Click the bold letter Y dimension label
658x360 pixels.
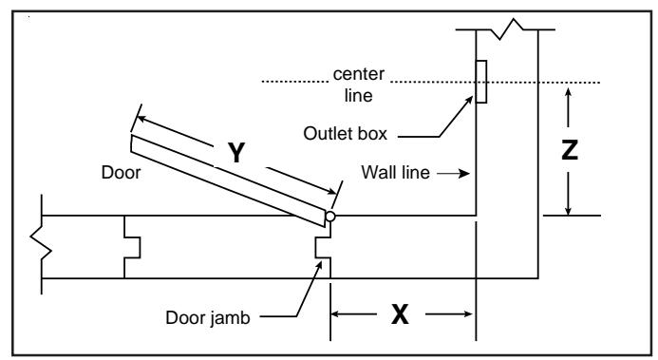(x=236, y=153)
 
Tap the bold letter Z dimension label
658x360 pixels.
(x=570, y=150)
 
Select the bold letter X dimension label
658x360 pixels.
(x=400, y=313)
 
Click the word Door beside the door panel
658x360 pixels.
(x=121, y=173)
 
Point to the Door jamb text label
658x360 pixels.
(x=208, y=317)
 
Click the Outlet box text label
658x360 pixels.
(x=345, y=133)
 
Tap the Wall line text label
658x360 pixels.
(x=395, y=173)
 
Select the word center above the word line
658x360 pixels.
(x=358, y=74)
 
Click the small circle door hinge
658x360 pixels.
(x=330, y=216)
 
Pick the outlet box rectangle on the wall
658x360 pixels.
(x=481, y=82)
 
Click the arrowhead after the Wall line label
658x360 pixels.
(x=464, y=173)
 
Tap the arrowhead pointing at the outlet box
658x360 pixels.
(x=468, y=101)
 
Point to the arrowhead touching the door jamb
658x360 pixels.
(x=319, y=266)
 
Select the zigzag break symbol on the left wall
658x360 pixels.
(x=41, y=244)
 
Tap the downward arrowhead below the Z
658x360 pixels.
(x=568, y=209)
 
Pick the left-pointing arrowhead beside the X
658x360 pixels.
(x=337, y=313)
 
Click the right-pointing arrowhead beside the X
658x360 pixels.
(x=467, y=313)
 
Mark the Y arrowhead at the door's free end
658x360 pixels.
(x=141, y=119)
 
